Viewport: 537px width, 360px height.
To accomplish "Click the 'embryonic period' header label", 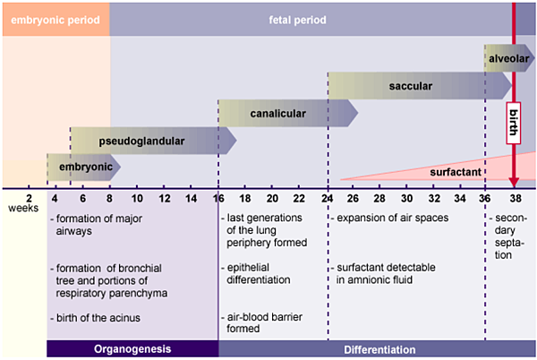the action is (x=55, y=20).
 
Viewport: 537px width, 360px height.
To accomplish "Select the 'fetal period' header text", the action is (x=297, y=20).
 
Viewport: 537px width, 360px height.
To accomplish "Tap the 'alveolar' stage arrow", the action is (x=509, y=58).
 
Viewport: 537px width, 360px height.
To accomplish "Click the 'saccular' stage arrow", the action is (x=420, y=86).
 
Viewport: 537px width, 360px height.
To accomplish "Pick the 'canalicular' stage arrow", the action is (x=287, y=113).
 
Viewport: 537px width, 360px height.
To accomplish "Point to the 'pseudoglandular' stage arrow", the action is (x=153, y=141).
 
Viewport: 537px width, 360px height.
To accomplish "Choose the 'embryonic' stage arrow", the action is (x=84, y=167).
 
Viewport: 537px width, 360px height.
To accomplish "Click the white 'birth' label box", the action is (x=514, y=123).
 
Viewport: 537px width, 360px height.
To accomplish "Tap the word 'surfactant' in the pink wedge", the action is (x=456, y=172).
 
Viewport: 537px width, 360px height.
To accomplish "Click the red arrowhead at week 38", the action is (x=514, y=182).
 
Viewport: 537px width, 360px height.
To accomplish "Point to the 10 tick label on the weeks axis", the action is (x=137, y=198).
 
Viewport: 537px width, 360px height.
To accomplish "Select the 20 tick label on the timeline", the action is (x=272, y=198).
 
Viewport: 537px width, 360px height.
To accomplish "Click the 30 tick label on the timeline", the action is (x=407, y=198).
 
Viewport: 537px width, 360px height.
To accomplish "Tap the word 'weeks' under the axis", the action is (x=23, y=209).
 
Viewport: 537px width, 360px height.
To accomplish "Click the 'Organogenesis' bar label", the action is (x=132, y=349).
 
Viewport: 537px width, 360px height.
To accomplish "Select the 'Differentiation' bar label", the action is (x=379, y=350).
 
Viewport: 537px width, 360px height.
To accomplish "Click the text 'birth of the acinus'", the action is (x=98, y=318).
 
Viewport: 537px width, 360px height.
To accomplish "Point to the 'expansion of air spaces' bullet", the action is (x=393, y=218).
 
